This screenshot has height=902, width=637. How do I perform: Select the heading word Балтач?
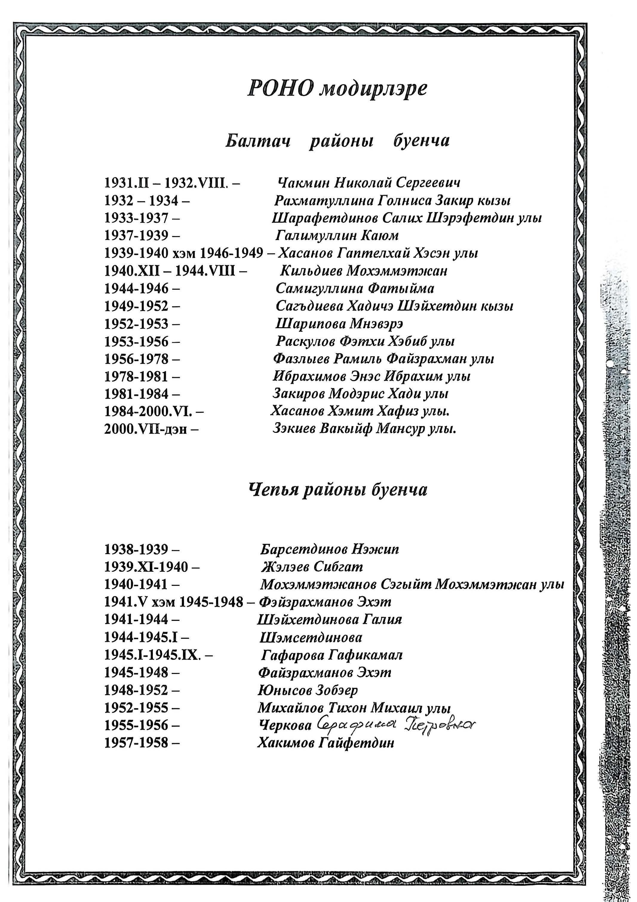(x=258, y=141)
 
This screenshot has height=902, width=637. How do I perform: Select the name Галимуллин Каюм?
(x=337, y=236)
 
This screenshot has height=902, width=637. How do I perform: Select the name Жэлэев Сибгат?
(x=312, y=567)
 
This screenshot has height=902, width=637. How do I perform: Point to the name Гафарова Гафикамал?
(x=332, y=655)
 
